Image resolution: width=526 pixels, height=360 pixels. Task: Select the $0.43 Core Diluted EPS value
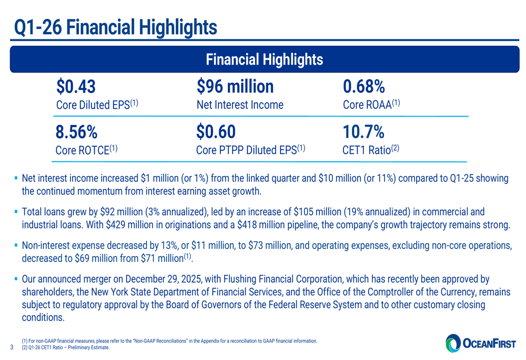(x=77, y=86)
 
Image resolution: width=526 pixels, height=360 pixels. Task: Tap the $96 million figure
(x=235, y=86)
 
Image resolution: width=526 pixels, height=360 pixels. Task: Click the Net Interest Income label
(x=239, y=105)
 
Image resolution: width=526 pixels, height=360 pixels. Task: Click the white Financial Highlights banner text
(x=264, y=59)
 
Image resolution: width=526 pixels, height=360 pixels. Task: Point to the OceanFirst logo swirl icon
(x=452, y=344)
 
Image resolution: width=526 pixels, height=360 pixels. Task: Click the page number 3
(x=12, y=347)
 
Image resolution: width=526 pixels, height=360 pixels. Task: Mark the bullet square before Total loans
(x=16, y=213)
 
